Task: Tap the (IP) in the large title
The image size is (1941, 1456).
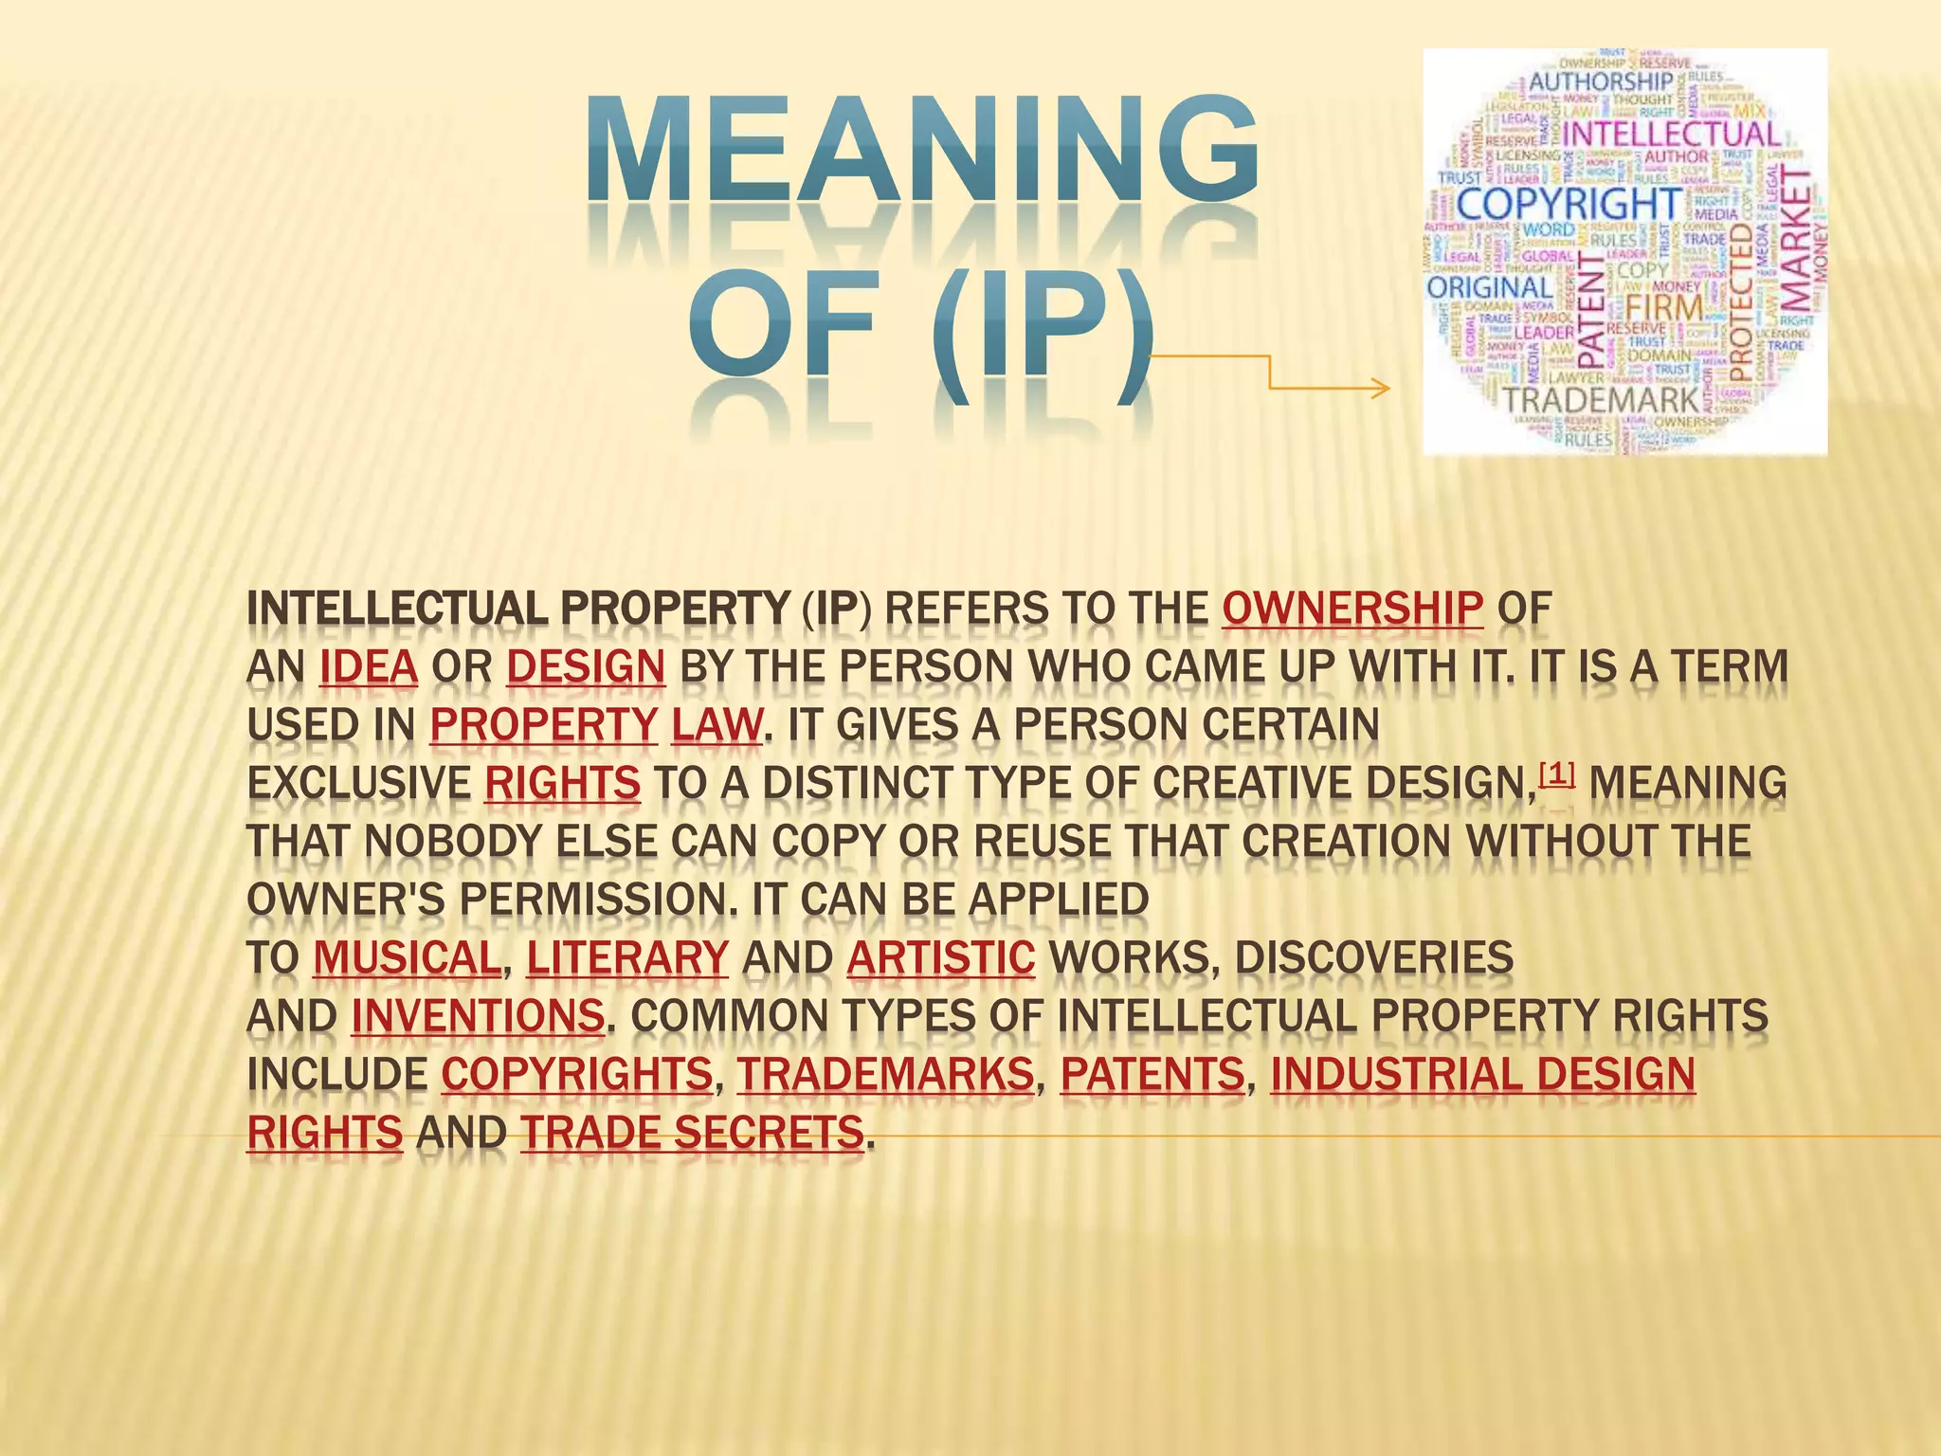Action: (1043, 332)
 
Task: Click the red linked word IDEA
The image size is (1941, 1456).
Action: (369, 667)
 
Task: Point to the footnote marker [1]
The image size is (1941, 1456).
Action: (1557, 775)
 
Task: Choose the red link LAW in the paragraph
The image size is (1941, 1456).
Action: (717, 726)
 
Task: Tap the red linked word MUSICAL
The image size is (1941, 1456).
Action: (407, 958)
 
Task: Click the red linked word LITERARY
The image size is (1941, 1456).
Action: (627, 958)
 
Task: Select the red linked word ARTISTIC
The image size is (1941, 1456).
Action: (941, 958)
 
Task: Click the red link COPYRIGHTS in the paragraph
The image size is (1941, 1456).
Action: (576, 1075)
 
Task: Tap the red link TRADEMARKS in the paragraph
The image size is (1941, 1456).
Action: (885, 1075)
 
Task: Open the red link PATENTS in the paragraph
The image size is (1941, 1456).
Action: (1152, 1075)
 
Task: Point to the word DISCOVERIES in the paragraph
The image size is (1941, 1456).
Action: (1374, 958)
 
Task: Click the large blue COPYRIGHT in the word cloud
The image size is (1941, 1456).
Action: (1569, 205)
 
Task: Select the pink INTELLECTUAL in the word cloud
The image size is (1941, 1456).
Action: (1670, 135)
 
